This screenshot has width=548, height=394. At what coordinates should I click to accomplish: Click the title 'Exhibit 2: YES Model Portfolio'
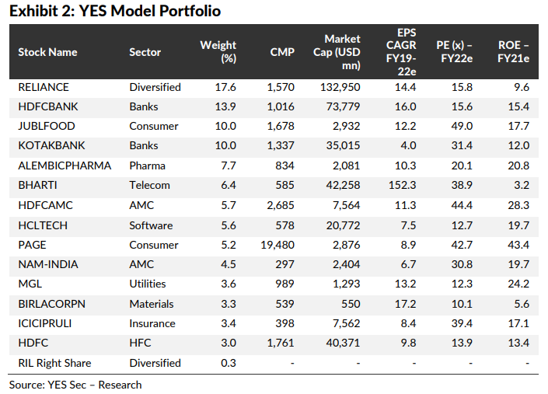pyautogui.click(x=115, y=11)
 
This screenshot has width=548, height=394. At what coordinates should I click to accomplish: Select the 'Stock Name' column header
pyautogui.click(x=48, y=52)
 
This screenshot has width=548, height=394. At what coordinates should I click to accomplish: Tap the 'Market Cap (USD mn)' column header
pyautogui.click(x=342, y=52)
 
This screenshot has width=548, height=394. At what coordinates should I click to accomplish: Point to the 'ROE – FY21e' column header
pyautogui.click(x=513, y=52)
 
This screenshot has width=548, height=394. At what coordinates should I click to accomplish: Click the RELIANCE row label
pyautogui.click(x=44, y=87)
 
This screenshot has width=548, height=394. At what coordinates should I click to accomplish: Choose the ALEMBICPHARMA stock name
pyautogui.click(x=65, y=166)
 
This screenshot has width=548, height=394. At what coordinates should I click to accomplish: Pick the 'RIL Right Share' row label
pyautogui.click(x=54, y=363)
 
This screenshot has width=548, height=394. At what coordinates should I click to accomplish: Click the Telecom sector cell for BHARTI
pyautogui.click(x=152, y=186)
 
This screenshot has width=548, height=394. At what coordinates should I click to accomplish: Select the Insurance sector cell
pyautogui.click(x=154, y=323)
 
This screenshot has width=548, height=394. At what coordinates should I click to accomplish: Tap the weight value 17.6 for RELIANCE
pyautogui.click(x=225, y=87)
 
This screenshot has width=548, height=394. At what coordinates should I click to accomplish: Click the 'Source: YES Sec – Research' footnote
pyautogui.click(x=75, y=385)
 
